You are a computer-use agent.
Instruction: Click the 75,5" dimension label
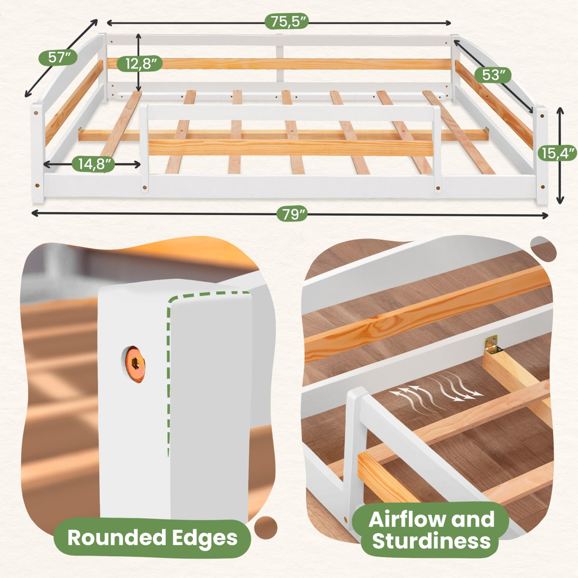[286, 22]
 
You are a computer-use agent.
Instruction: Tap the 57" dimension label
[58, 57]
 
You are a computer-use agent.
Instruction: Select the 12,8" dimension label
[140, 64]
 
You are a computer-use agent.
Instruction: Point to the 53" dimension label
[492, 75]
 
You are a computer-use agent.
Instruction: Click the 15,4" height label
[557, 154]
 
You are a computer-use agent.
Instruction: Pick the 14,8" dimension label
[93, 164]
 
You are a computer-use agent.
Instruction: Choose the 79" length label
[292, 214]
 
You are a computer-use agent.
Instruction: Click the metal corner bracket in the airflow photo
[491, 345]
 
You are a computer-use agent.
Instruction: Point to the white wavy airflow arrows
[435, 391]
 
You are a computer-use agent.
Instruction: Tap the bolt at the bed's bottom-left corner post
[37, 185]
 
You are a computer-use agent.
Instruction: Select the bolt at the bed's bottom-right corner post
[542, 186]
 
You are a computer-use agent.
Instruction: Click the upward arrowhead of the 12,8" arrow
[138, 37]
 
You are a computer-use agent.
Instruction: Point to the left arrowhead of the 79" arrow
[35, 213]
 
